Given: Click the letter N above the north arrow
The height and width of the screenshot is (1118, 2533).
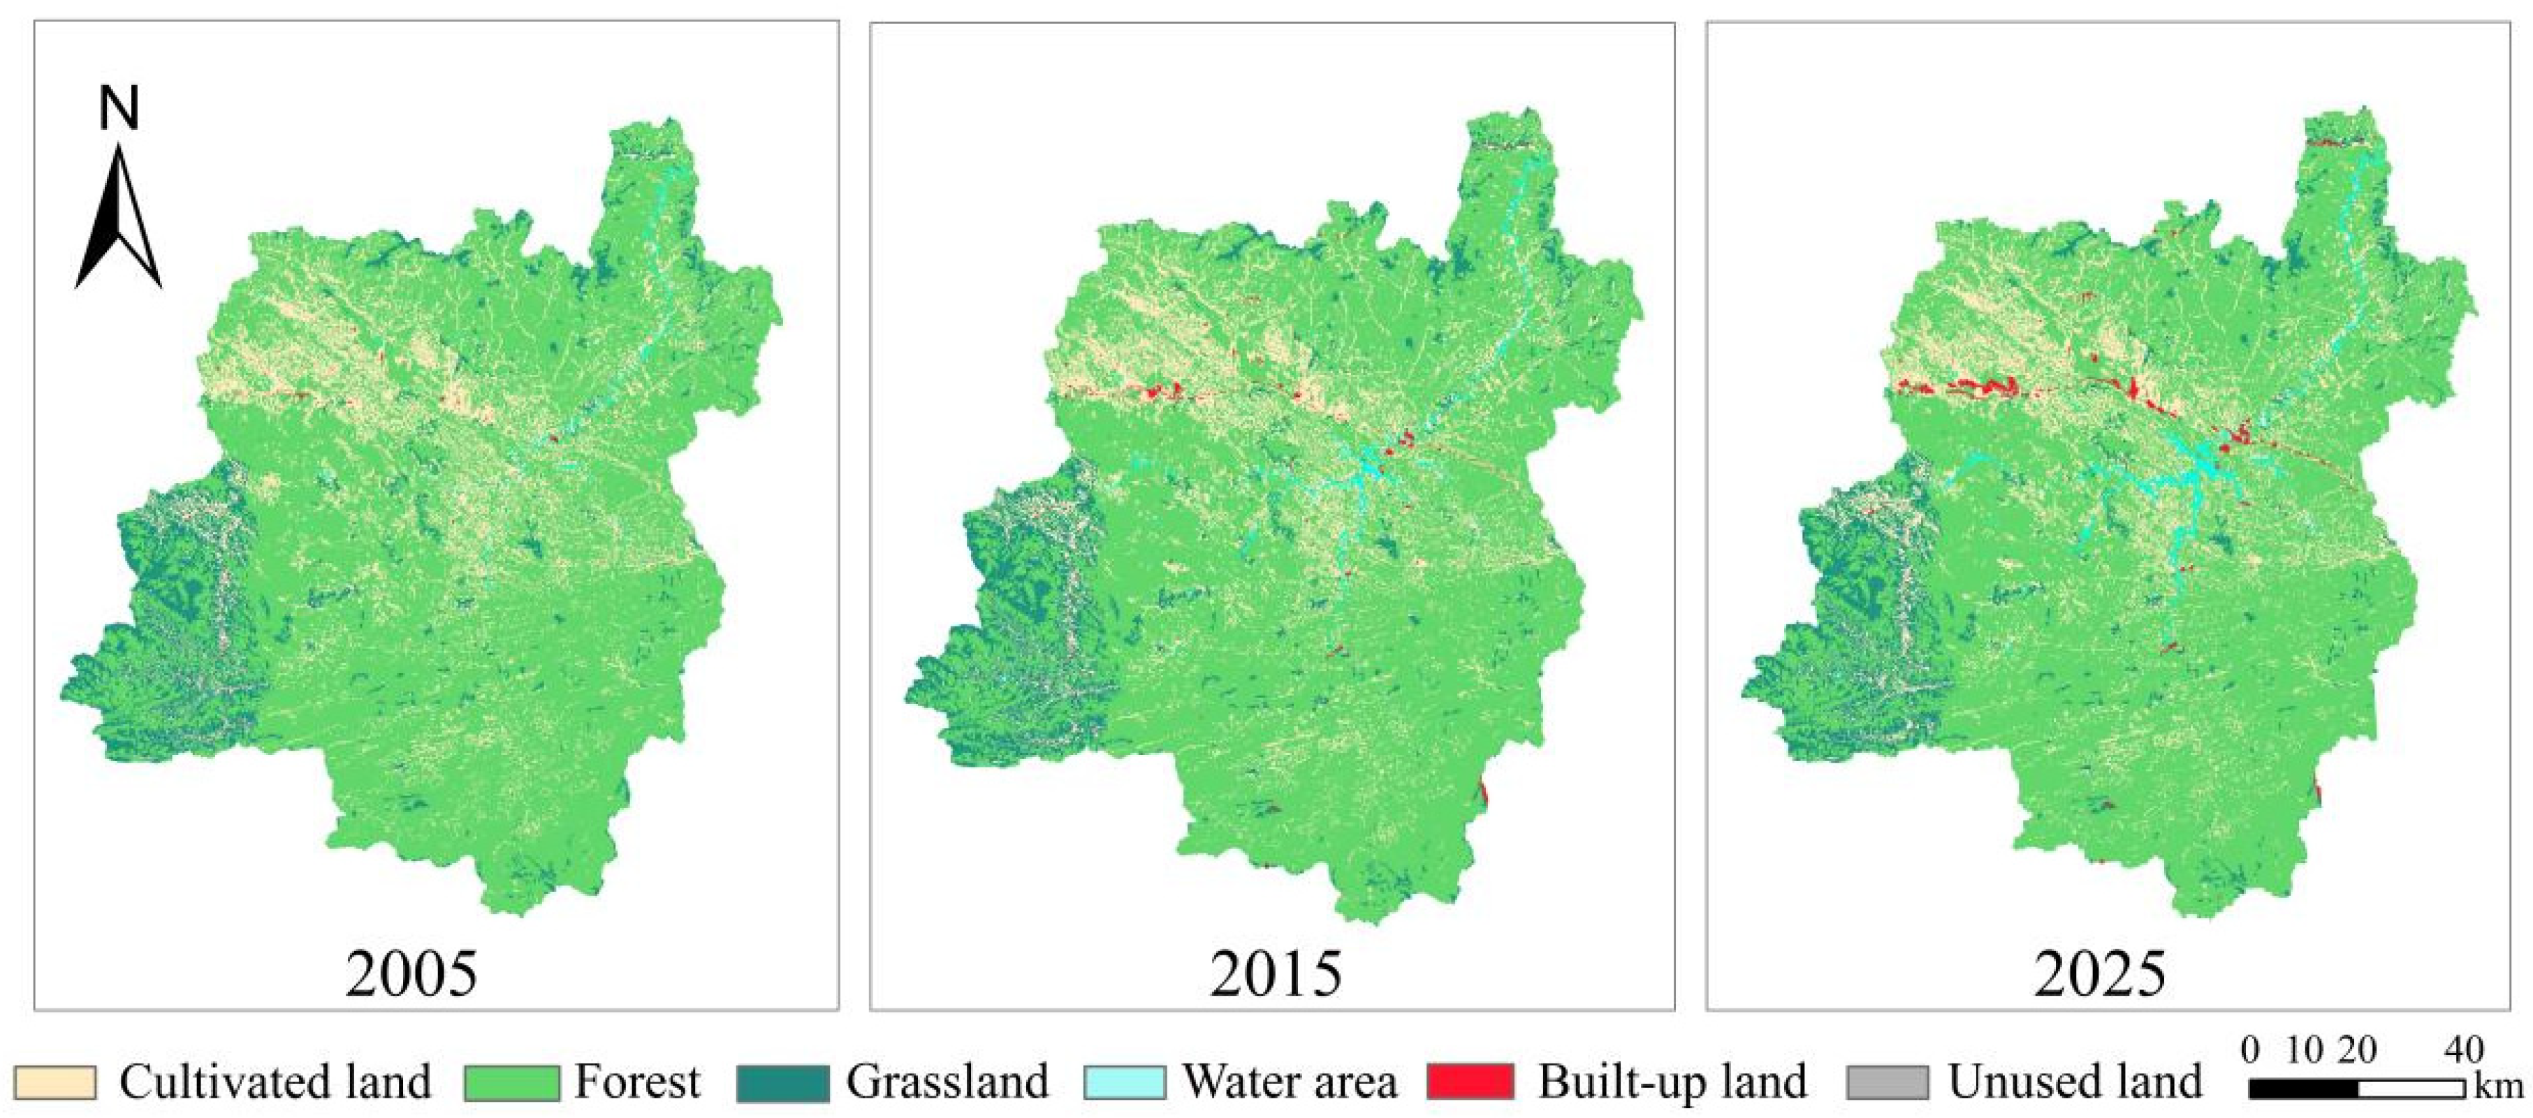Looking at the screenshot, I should click(119, 108).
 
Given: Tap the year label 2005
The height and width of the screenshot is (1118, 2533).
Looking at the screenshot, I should click(412, 974).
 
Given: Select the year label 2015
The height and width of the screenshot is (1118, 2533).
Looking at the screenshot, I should click(1276, 974).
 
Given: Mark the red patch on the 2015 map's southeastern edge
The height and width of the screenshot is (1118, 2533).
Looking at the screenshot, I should click(1482, 795).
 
